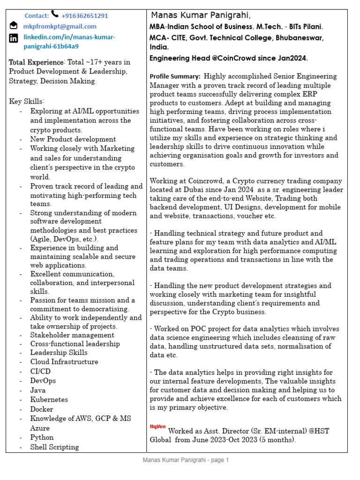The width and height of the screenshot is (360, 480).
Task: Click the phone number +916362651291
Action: click(84, 15)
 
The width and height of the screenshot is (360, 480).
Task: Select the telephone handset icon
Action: click(55, 15)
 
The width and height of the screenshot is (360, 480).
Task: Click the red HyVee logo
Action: click(157, 427)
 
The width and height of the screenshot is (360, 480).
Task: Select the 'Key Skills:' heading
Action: click(26, 101)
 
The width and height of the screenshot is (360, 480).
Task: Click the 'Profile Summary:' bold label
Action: click(175, 76)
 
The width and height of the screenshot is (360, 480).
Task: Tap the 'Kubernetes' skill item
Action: click(49, 399)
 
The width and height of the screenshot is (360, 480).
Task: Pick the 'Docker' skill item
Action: click(42, 409)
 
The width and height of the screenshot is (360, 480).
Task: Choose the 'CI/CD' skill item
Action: click(40, 371)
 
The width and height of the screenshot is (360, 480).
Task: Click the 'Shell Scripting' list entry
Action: click(54, 447)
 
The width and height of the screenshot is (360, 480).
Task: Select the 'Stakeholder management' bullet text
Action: click(72, 335)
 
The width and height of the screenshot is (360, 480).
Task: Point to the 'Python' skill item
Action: click(42, 437)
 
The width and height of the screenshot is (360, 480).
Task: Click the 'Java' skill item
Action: click(38, 390)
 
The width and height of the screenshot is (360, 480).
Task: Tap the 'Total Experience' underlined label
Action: click(36, 62)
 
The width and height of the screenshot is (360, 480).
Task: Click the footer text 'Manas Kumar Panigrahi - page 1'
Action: click(186, 460)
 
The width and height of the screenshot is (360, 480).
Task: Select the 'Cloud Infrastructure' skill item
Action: click(64, 362)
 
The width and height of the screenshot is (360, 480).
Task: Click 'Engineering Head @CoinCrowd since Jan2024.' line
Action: click(228, 58)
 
